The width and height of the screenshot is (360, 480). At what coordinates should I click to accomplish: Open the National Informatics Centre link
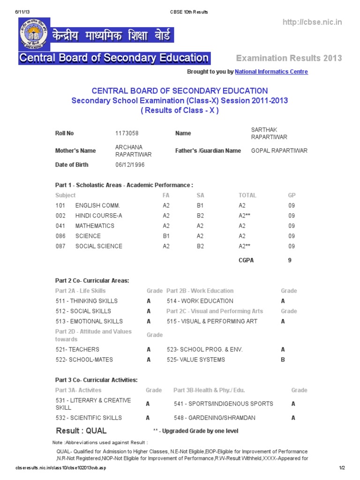point(271,72)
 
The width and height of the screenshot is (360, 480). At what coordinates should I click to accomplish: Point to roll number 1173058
point(127,133)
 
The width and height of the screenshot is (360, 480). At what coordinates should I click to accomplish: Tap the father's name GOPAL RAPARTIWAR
point(279,150)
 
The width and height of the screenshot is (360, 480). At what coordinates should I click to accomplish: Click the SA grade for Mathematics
point(200,225)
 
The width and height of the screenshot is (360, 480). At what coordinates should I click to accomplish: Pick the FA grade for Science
point(166,236)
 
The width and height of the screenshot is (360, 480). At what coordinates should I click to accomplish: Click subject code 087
point(60,246)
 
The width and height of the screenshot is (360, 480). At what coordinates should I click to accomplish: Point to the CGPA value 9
point(290,260)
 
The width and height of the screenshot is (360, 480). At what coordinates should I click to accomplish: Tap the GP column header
point(292,195)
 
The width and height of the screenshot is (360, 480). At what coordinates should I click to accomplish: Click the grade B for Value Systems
point(283,360)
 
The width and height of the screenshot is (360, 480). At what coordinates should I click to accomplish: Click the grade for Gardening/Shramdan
point(293,418)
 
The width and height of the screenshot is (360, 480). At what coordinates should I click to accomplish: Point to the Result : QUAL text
point(81,430)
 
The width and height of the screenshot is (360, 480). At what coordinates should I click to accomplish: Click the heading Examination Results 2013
point(289,58)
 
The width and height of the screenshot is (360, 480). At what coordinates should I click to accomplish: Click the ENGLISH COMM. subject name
point(97,205)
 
